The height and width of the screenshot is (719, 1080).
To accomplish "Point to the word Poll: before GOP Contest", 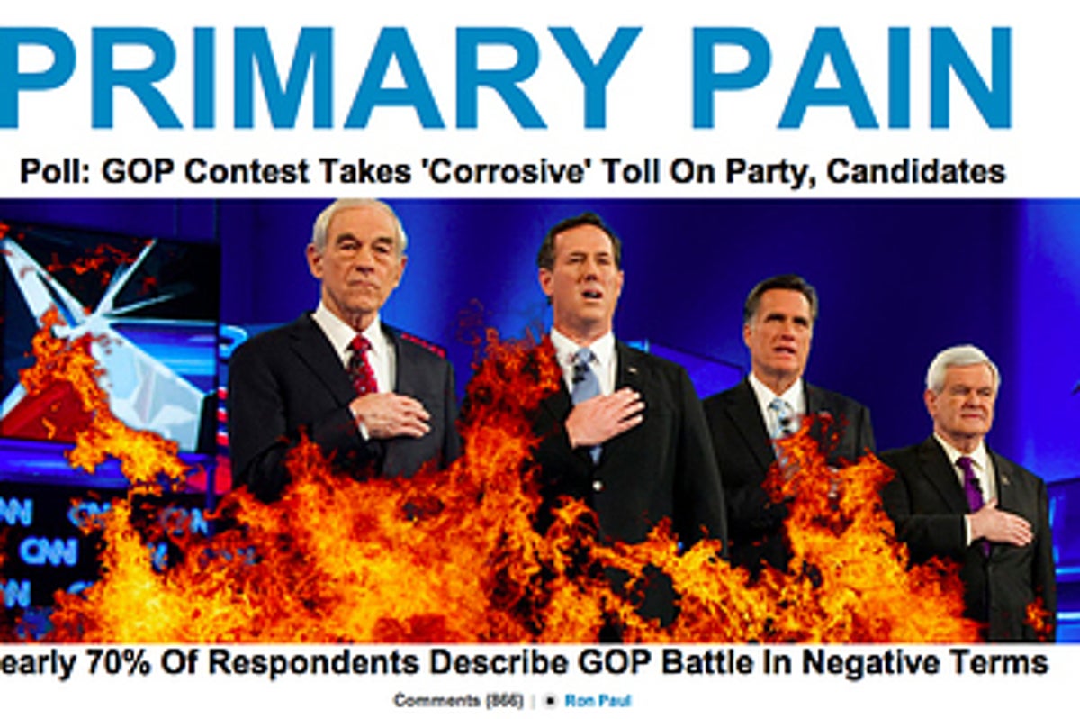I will pyautogui.click(x=55, y=171).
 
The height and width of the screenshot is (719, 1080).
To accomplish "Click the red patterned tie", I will pyautogui.click(x=362, y=365).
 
